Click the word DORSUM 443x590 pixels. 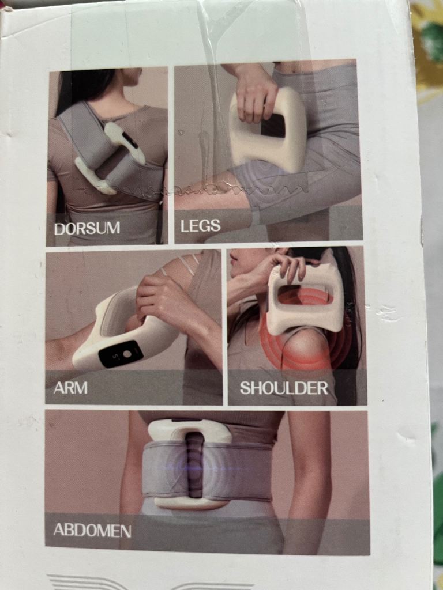[x=87, y=228]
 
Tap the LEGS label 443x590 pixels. [x=200, y=226]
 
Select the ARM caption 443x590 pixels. [x=70, y=388]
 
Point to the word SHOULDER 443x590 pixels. [x=284, y=388]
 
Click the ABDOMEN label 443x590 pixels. [x=92, y=530]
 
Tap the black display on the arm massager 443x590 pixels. [x=121, y=354]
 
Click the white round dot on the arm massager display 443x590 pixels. [x=127, y=354]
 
